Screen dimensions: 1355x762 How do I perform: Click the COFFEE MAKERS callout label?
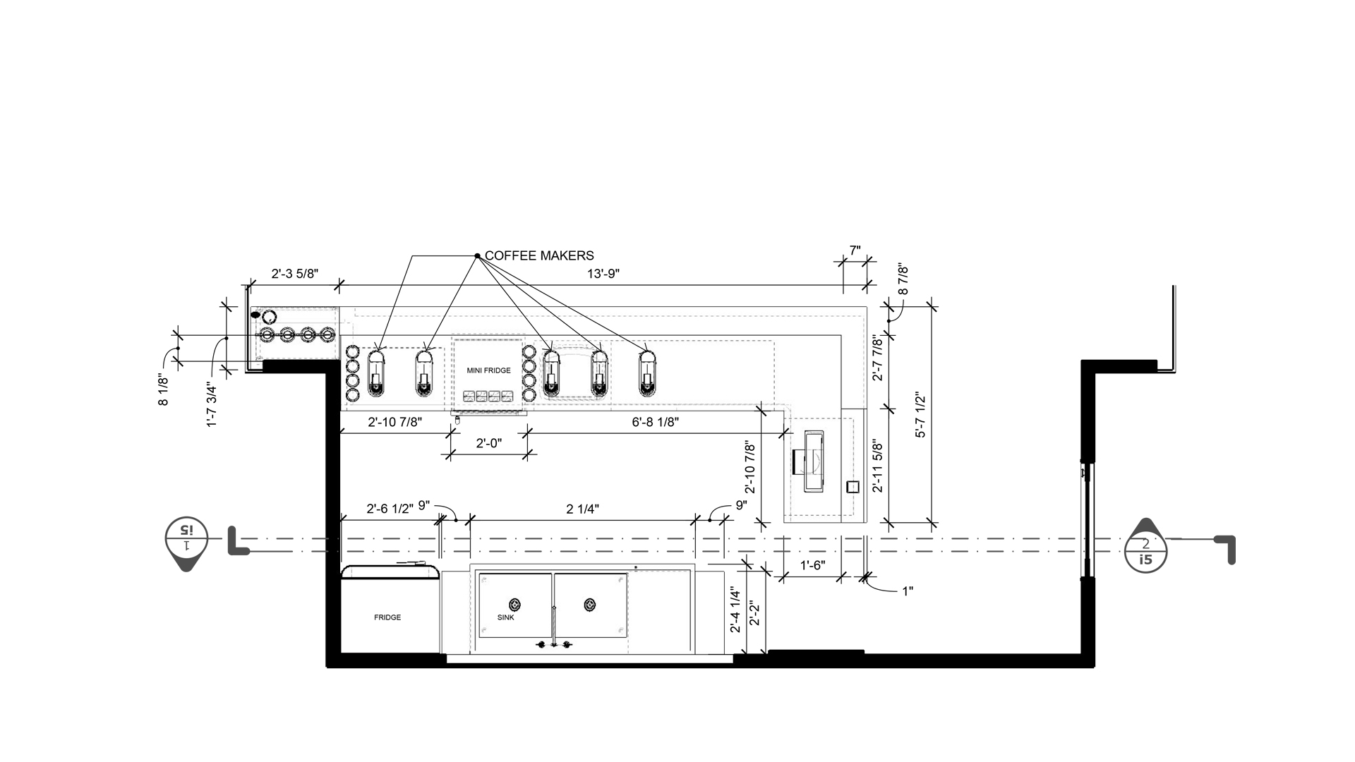tap(539, 255)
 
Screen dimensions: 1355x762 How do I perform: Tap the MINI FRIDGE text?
tap(488, 370)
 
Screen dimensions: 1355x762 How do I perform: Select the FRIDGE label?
tap(387, 617)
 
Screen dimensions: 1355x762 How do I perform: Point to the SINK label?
tap(506, 617)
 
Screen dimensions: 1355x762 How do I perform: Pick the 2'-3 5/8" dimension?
tap(295, 274)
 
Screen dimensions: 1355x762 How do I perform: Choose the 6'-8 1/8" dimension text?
tap(655, 422)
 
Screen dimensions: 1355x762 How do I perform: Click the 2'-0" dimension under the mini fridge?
tap(488, 443)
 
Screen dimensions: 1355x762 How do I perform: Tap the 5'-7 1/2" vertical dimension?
tap(920, 415)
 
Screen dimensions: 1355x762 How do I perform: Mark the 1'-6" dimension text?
tap(812, 565)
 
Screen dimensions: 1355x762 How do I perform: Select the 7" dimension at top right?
tap(855, 250)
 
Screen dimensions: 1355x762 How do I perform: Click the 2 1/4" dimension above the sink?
tap(583, 508)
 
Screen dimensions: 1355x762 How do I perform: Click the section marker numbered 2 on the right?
tap(1145, 545)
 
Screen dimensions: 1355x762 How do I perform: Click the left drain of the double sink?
tap(515, 605)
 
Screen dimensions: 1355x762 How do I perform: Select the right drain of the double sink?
tap(590, 605)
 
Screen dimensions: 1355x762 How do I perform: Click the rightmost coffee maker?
tap(648, 373)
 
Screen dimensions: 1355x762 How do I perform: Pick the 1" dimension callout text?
tap(908, 591)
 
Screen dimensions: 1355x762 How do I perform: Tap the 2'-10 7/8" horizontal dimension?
tap(395, 422)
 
